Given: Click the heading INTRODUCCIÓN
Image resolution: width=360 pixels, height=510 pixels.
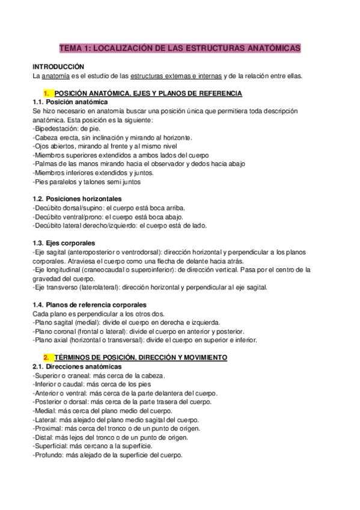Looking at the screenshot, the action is coord(58,67).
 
